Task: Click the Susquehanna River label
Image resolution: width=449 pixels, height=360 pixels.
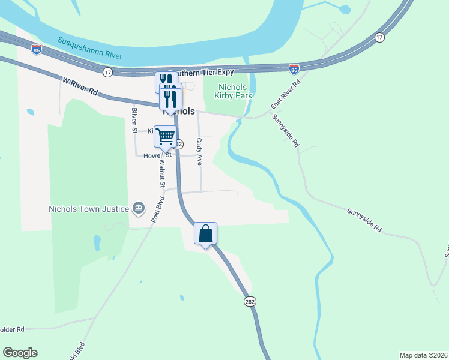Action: [x=91, y=48]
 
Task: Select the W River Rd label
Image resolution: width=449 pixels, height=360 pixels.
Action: [x=79, y=86]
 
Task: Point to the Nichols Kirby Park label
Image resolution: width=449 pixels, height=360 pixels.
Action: [x=228, y=91]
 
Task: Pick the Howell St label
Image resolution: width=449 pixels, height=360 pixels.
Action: [x=157, y=155]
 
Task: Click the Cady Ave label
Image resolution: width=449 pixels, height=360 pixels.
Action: [x=199, y=152]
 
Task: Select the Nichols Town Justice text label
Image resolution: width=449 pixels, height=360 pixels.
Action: [x=89, y=209]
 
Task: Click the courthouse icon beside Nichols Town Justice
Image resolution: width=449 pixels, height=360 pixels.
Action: [x=139, y=208]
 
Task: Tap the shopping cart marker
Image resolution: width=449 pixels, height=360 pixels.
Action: [x=165, y=136]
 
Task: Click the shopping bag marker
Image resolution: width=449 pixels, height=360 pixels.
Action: [x=205, y=233]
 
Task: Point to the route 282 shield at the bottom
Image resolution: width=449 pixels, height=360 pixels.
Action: [x=250, y=301]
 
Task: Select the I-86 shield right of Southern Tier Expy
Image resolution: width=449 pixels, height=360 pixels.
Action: [x=294, y=70]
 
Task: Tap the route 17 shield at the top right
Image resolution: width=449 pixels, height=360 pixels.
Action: [x=379, y=37]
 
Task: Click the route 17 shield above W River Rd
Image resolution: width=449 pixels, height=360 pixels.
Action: [x=107, y=72]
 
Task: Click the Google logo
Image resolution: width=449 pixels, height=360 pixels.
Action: [x=20, y=353]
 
